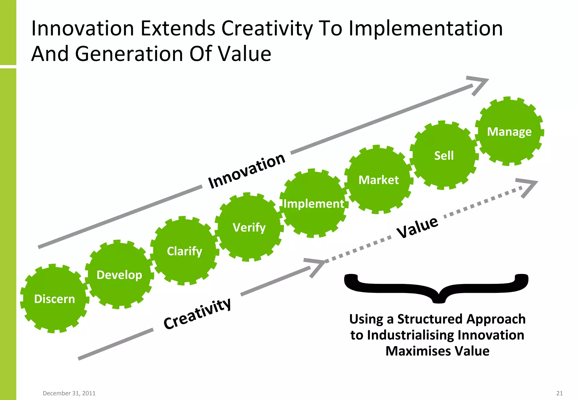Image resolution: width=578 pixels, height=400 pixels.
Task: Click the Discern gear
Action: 54,298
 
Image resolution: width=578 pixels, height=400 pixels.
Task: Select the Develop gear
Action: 119,274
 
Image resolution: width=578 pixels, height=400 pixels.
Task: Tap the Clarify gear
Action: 184,251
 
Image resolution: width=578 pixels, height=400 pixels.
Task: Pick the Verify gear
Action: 249,227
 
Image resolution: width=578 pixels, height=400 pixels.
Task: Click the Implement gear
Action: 314,203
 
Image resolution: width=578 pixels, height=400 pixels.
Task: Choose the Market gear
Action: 378,180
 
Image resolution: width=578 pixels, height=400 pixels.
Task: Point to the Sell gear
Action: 444,155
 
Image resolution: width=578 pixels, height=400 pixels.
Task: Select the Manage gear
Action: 509,131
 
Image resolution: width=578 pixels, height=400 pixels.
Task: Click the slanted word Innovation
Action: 246,171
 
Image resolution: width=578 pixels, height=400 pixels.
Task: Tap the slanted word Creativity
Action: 197,314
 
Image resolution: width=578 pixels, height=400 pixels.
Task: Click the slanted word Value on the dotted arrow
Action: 417,227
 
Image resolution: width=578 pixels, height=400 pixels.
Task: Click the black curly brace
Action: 436,288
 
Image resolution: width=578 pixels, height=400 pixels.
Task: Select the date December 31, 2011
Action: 69,393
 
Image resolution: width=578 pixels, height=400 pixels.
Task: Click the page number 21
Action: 559,393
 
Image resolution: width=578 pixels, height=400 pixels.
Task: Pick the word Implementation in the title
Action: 426,28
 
